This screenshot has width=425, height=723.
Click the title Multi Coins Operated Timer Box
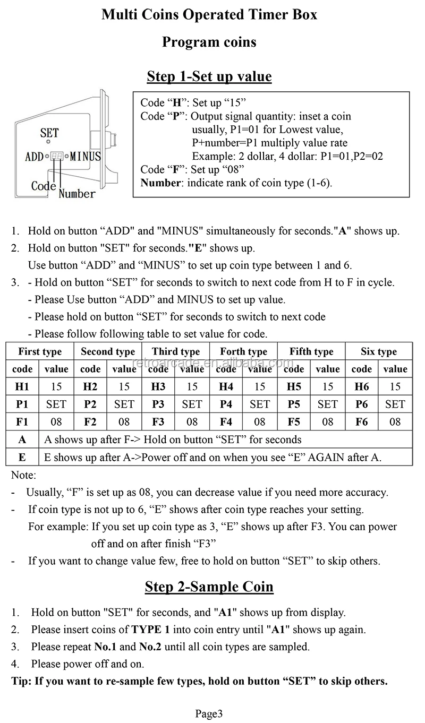click(209, 15)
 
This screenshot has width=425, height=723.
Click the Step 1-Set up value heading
click(209, 76)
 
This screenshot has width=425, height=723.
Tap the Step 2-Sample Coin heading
click(209, 587)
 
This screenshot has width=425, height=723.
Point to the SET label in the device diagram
click(49, 133)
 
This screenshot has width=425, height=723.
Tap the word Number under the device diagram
click(77, 194)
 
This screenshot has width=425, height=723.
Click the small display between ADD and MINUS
click(57, 156)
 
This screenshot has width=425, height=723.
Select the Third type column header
click(175, 351)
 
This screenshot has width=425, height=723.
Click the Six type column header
click(379, 351)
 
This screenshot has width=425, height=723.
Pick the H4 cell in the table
click(226, 386)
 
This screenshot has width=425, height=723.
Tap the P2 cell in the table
click(90, 404)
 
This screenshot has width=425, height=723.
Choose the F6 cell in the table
click(362, 422)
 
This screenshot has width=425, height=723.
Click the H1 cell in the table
click(22, 386)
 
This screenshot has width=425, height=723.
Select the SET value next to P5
click(327, 404)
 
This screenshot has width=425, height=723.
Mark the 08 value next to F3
click(192, 422)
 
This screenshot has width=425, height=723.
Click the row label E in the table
click(22, 457)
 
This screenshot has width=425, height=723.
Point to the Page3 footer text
click(209, 713)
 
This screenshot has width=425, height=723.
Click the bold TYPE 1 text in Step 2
click(151, 630)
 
